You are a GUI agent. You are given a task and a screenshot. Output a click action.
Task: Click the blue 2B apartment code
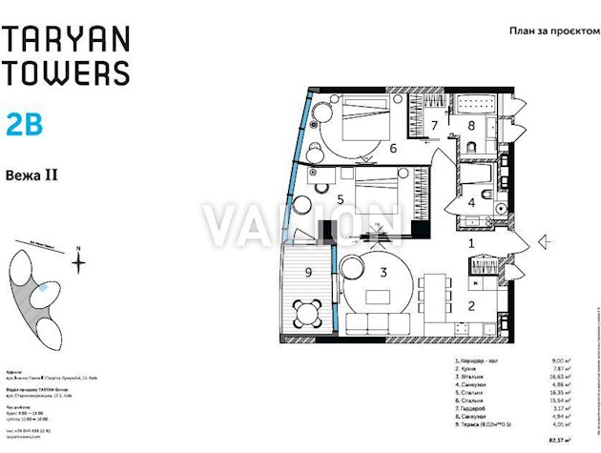click(25, 124)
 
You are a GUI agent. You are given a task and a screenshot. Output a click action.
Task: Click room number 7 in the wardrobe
click(433, 125)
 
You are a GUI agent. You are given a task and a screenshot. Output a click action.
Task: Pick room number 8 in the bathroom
click(471, 125)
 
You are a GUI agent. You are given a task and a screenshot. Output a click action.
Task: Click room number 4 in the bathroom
click(470, 202)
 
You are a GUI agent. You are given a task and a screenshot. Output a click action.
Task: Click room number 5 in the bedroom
click(340, 199)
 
